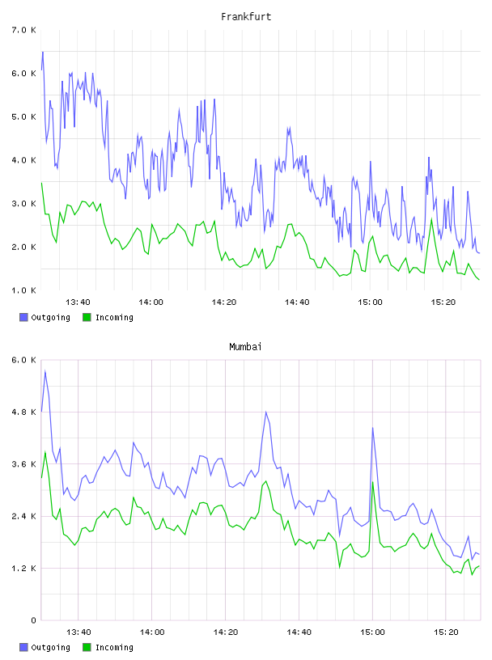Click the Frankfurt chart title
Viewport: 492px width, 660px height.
tap(246, 17)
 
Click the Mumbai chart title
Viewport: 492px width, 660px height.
tap(245, 347)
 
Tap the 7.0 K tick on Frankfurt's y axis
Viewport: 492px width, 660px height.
tap(23, 30)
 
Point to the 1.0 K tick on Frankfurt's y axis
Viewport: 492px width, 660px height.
tap(23, 290)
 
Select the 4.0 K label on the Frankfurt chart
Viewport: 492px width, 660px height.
tap(23, 160)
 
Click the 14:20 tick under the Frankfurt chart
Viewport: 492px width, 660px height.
tap(223, 302)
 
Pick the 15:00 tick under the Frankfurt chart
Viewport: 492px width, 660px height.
tap(370, 302)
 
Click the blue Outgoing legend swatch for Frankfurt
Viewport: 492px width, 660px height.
tap(23, 317)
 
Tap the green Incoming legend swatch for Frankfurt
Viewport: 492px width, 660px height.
tap(87, 317)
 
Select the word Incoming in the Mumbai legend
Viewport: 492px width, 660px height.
tap(114, 647)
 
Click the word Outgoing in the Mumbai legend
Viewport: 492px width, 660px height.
tap(50, 647)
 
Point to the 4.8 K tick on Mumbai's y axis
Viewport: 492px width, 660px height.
tap(23, 412)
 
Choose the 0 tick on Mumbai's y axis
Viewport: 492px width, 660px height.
tap(33, 620)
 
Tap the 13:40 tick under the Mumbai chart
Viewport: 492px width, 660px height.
tap(78, 632)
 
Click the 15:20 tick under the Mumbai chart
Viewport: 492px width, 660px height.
tap(446, 632)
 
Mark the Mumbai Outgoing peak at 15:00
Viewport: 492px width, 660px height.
tap(372, 428)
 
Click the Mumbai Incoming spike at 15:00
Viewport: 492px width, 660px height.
tap(372, 482)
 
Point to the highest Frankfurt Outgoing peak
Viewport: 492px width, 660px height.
tap(43, 53)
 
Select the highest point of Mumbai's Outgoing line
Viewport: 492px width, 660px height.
tap(45, 370)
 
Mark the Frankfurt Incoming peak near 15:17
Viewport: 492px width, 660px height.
tap(431, 219)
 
